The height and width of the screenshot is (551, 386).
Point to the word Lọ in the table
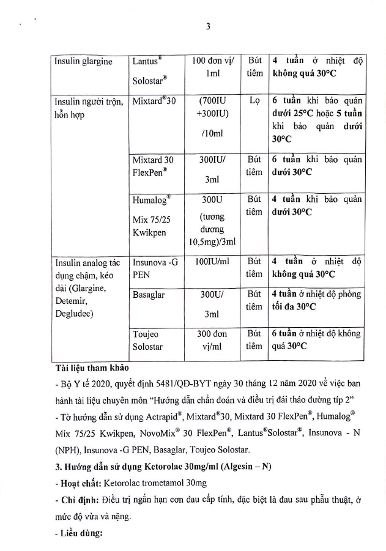[255, 101]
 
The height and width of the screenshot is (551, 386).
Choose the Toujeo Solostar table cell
[150, 340]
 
